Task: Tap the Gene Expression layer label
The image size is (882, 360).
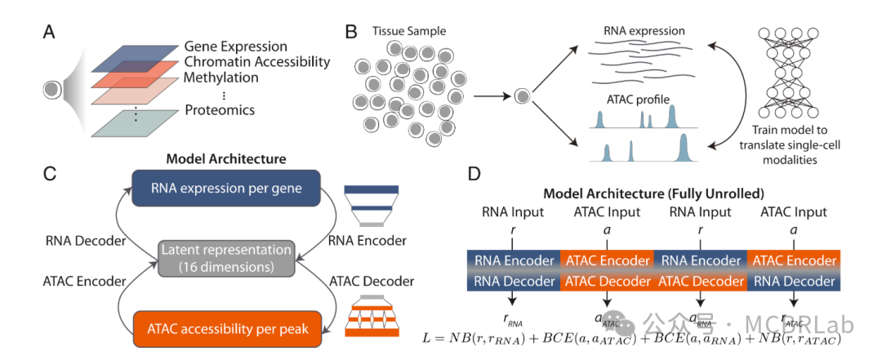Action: pos(236,47)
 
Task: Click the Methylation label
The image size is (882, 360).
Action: pos(221,78)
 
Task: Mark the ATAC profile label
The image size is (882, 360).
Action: pos(639,100)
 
